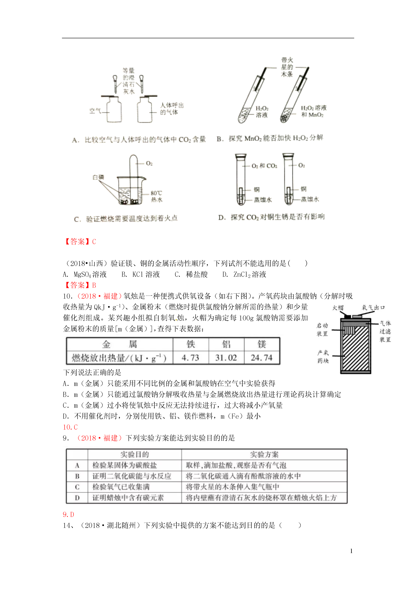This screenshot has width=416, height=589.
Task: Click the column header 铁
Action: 190,344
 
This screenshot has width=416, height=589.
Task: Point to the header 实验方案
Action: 264,455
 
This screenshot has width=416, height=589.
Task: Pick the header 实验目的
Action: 135,455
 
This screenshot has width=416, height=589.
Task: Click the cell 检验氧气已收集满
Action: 121,487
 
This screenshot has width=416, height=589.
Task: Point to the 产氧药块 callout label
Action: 323,357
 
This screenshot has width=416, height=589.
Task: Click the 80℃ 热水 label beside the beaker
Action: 156,196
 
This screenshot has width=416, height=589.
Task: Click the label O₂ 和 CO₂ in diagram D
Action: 264,166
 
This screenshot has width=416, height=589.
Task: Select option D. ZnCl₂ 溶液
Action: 244,274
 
